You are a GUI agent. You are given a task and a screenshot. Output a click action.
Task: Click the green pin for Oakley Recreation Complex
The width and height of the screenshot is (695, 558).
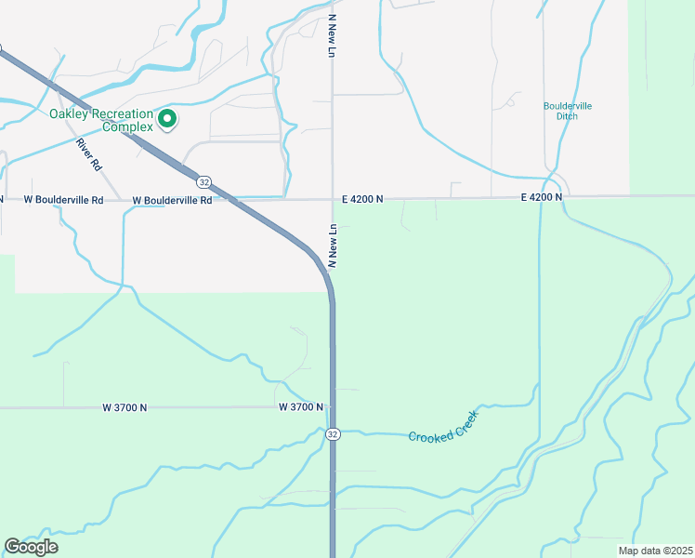[x=167, y=118]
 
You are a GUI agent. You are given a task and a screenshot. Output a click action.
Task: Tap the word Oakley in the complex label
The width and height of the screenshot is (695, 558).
[x=74, y=114]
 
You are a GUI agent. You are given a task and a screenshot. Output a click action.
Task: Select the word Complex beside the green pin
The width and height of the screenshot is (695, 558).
[x=127, y=126]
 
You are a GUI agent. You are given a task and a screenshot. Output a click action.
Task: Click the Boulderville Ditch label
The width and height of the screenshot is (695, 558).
[x=568, y=111]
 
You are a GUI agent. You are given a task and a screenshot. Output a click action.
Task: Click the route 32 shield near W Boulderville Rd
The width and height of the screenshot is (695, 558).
[x=204, y=181]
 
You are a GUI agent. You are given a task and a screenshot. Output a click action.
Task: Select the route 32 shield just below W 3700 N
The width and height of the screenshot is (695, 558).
[x=333, y=434]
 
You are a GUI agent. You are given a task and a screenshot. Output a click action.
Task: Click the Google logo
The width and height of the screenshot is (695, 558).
[x=31, y=547]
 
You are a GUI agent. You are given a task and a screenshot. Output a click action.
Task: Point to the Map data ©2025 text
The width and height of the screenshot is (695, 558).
[x=655, y=551]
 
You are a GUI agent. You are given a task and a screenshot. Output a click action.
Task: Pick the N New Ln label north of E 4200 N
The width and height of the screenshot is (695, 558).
[x=331, y=36]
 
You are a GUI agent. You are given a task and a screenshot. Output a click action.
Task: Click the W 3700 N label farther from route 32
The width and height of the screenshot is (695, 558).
[x=125, y=407]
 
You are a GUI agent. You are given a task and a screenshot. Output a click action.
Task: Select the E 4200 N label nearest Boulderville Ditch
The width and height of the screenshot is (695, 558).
[x=542, y=197]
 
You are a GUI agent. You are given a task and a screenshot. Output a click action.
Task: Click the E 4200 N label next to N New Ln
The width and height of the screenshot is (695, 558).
[x=361, y=199]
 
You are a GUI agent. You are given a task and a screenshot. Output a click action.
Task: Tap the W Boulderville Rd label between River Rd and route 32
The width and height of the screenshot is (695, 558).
[x=172, y=199]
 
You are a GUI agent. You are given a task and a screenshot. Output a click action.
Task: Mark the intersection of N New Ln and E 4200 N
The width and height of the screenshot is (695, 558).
[x=333, y=198]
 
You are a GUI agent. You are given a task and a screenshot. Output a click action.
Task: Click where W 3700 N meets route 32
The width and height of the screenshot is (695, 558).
[x=333, y=407]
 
